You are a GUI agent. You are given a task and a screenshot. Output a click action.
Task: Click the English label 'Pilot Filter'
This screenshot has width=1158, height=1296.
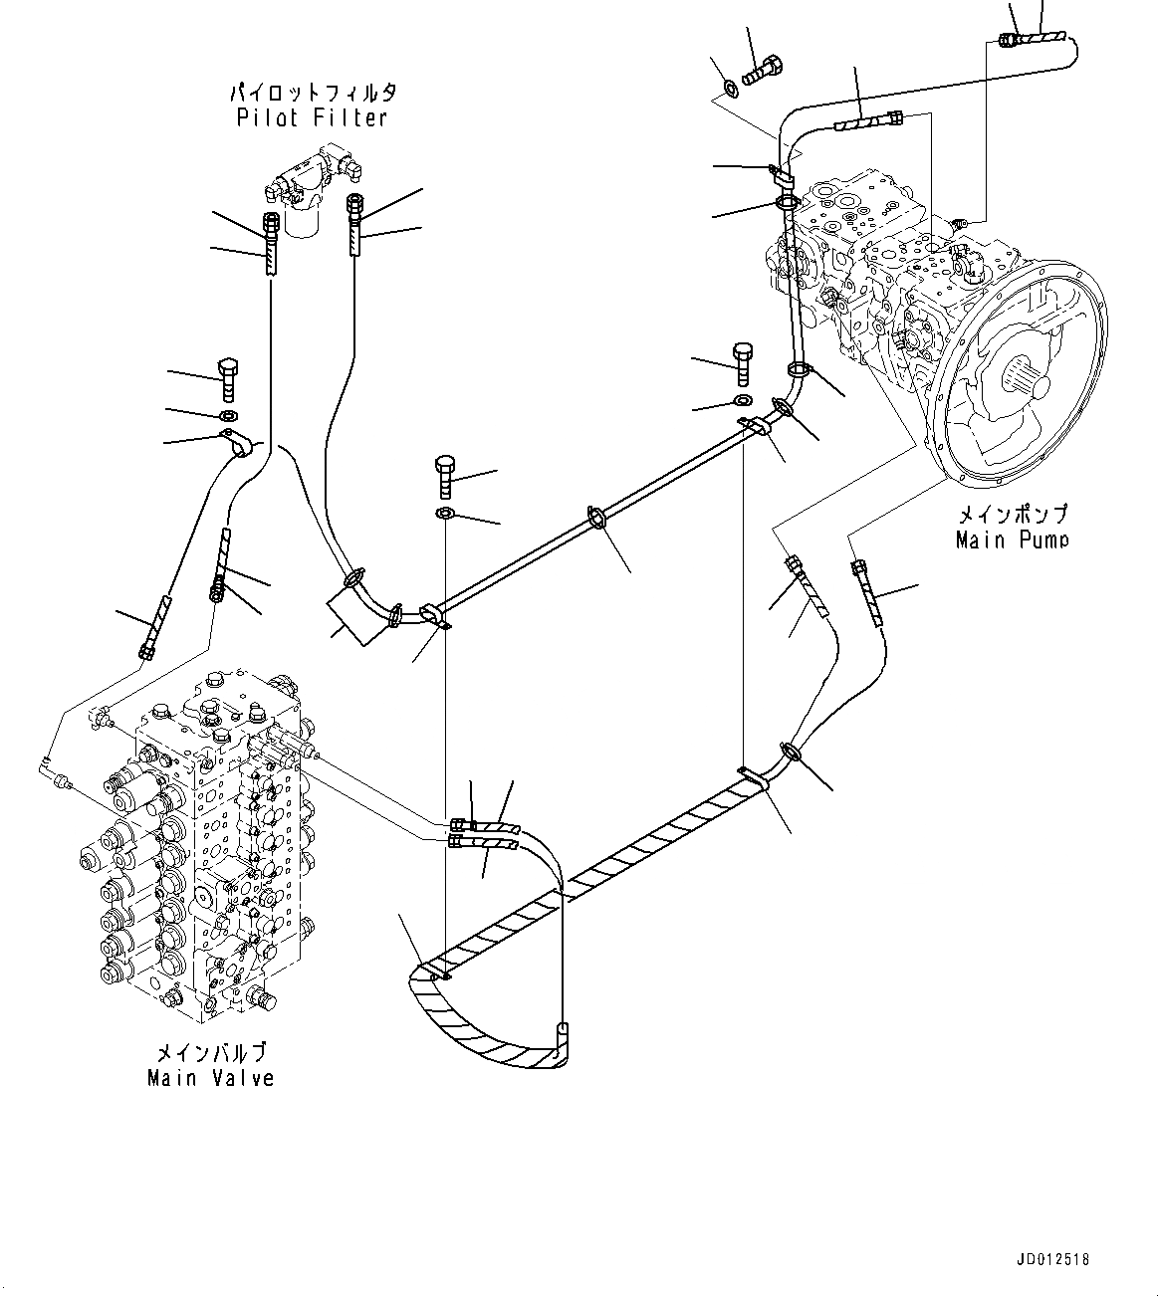(x=312, y=118)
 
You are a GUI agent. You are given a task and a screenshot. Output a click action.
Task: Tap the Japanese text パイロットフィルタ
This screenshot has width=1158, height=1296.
(x=312, y=93)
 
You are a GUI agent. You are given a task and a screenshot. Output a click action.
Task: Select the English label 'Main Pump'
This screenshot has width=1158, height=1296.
(x=1011, y=540)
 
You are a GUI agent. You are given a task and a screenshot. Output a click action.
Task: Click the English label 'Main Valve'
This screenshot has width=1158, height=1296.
(x=210, y=1078)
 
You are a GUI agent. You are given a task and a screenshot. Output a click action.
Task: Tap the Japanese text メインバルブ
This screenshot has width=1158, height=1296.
(x=210, y=1052)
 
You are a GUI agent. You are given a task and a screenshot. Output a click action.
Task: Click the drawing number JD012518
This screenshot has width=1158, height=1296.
(x=1053, y=1259)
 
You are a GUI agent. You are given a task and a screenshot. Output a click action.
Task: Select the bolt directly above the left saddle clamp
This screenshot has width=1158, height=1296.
(x=227, y=372)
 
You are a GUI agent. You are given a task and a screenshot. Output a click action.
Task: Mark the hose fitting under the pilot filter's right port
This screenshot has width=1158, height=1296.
(x=353, y=205)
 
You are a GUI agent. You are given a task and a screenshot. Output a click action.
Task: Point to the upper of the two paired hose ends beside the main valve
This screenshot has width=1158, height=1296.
(x=460, y=824)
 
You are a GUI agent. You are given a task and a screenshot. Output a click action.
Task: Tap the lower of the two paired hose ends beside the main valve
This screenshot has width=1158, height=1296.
(x=457, y=842)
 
